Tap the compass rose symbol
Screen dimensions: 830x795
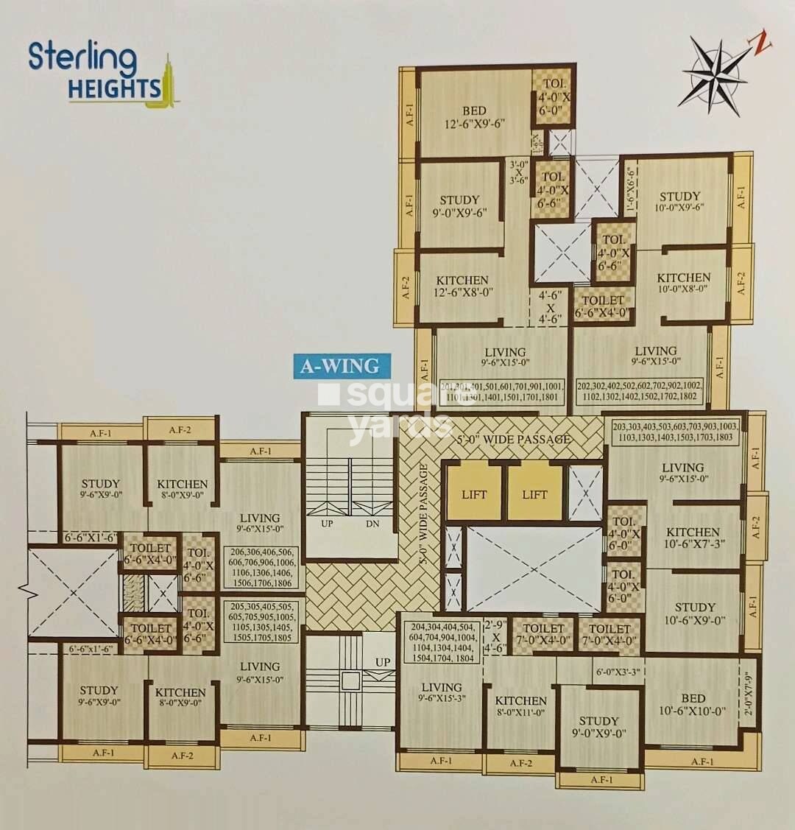pos(715,74)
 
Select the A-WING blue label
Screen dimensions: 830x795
pos(341,365)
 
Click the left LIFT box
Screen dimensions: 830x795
pos(474,493)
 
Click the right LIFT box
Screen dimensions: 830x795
pos(535,493)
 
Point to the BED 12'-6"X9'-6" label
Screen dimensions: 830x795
pos(474,118)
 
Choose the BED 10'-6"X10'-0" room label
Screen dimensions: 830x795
pos(693,705)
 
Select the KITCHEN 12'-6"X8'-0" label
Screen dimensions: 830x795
pos(462,286)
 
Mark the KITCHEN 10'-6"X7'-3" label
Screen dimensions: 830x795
pos(693,538)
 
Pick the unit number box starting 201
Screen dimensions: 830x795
pos(503,392)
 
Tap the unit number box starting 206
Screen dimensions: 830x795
pos(261,567)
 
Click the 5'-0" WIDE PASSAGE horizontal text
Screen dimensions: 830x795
pos(515,440)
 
